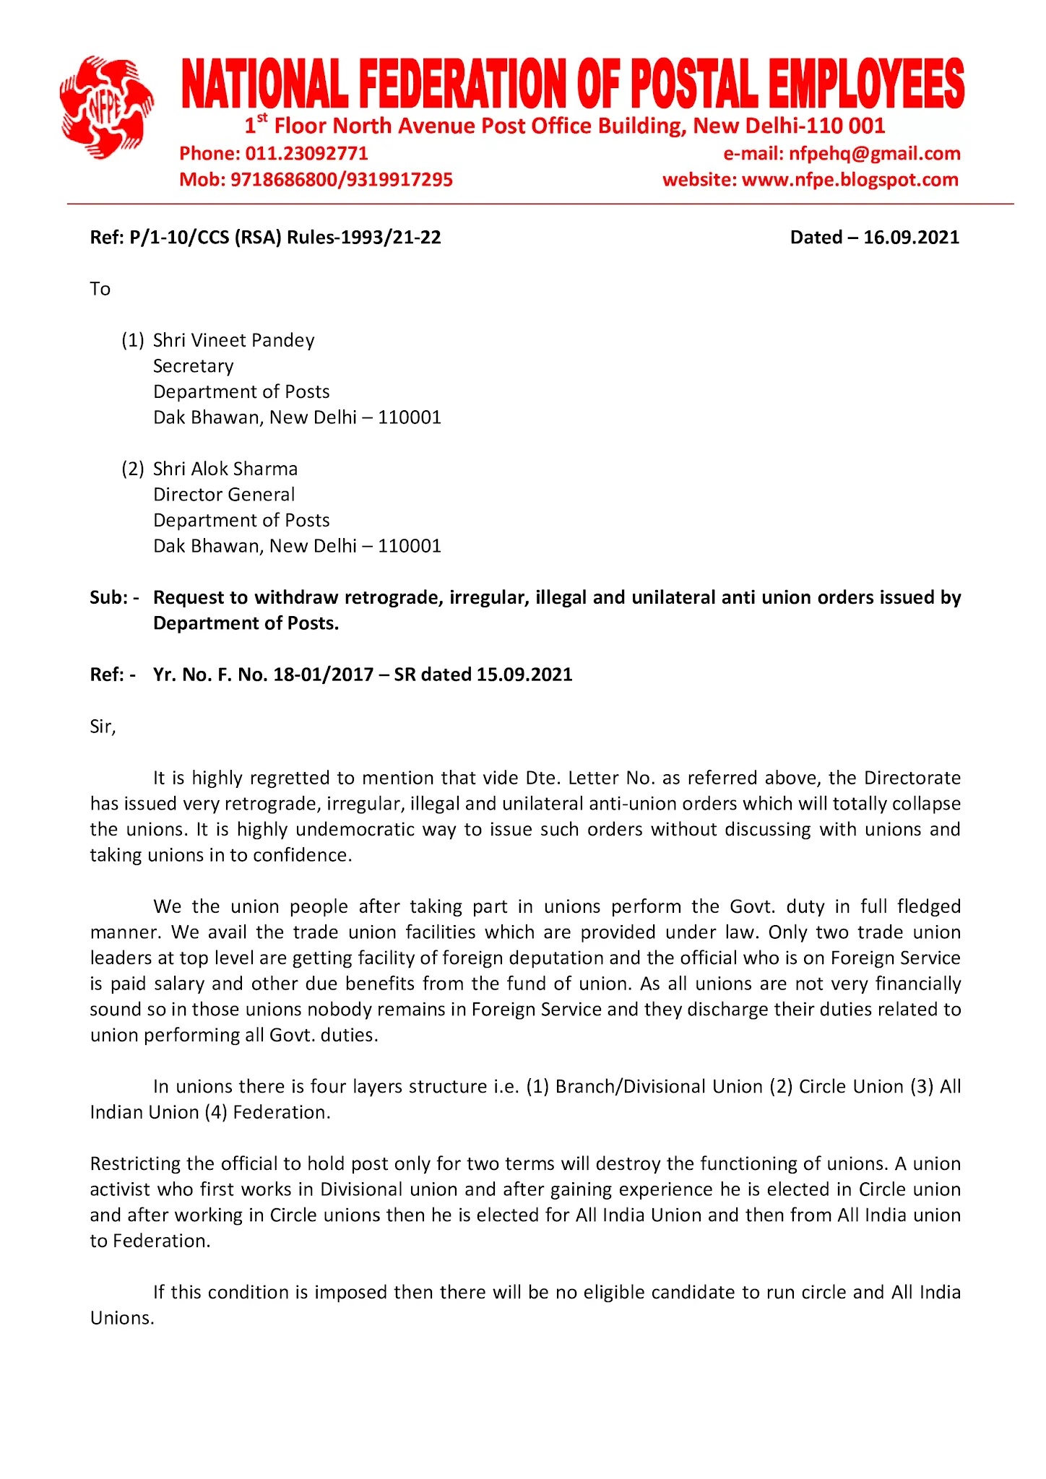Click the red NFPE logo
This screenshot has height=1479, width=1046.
click(x=107, y=106)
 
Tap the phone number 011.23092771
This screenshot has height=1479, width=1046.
click(x=306, y=153)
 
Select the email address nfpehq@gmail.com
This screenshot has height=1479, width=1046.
click(x=874, y=153)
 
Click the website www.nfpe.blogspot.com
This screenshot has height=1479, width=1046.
click(x=850, y=179)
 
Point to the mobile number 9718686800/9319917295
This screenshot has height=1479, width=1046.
click(x=341, y=179)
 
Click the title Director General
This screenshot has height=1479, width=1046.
click(x=224, y=495)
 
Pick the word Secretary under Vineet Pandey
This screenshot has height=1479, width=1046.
click(x=193, y=366)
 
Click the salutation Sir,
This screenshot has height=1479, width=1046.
click(x=103, y=727)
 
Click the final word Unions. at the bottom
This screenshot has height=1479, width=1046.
click(x=122, y=1319)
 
